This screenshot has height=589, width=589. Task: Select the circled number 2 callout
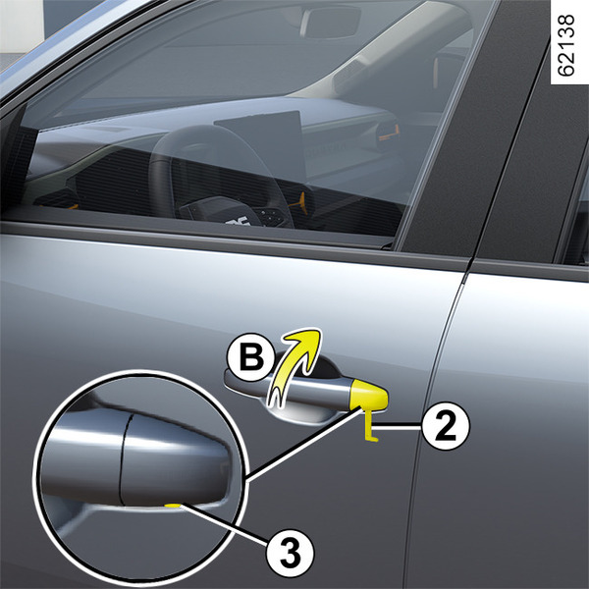446,426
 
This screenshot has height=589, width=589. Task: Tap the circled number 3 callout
290,554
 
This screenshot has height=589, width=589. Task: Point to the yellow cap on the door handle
368,395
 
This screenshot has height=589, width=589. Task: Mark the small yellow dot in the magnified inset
173,506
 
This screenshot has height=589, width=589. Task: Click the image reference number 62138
565,45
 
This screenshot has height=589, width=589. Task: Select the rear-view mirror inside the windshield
331,22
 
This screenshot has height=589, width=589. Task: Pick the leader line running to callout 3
225,524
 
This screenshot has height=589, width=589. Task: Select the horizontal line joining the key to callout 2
398,426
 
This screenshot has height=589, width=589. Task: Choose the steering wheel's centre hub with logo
222,213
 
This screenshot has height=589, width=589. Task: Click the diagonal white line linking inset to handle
304,446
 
